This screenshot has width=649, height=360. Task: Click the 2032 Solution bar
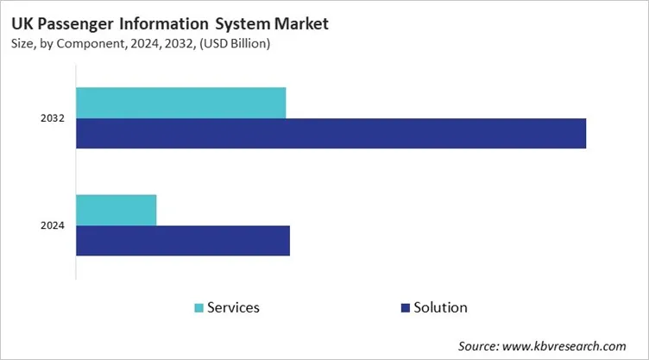tap(331, 133)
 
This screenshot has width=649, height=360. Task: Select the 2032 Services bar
tap(180, 103)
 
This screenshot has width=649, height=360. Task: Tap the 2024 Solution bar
tap(183, 241)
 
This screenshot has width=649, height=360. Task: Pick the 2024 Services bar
tap(117, 210)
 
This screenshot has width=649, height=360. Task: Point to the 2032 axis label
tap(53, 118)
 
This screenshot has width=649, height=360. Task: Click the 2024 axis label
tap(53, 226)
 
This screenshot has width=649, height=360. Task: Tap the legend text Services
tap(233, 307)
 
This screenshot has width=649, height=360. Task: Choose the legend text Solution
tap(440, 307)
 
